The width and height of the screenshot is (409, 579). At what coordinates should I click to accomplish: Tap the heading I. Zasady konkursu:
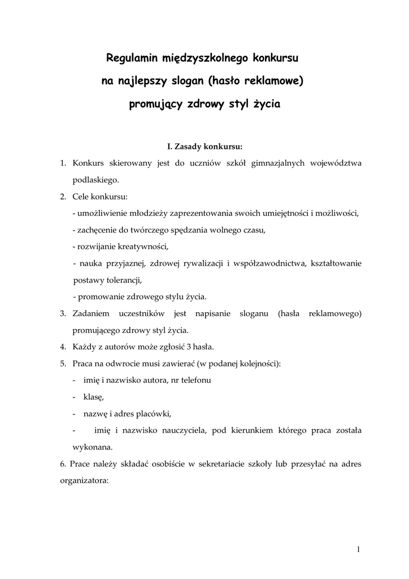click(x=204, y=147)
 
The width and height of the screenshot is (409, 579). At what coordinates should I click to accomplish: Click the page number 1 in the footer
click(x=359, y=549)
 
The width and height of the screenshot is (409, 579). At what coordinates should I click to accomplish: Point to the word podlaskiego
click(x=95, y=179)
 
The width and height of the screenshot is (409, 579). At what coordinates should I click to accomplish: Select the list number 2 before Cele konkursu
click(x=63, y=196)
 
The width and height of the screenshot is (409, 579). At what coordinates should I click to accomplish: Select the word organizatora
click(x=84, y=481)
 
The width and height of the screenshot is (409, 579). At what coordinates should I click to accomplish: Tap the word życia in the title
click(x=264, y=105)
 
